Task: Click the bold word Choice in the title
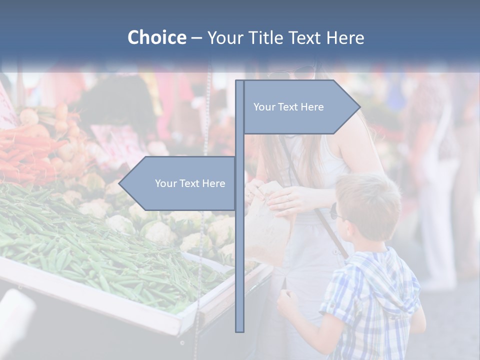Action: click(x=156, y=37)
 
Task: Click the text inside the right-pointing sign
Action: click(x=288, y=107)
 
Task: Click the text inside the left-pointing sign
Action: click(x=190, y=183)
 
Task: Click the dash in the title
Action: click(x=196, y=38)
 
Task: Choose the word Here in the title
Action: click(x=345, y=37)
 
